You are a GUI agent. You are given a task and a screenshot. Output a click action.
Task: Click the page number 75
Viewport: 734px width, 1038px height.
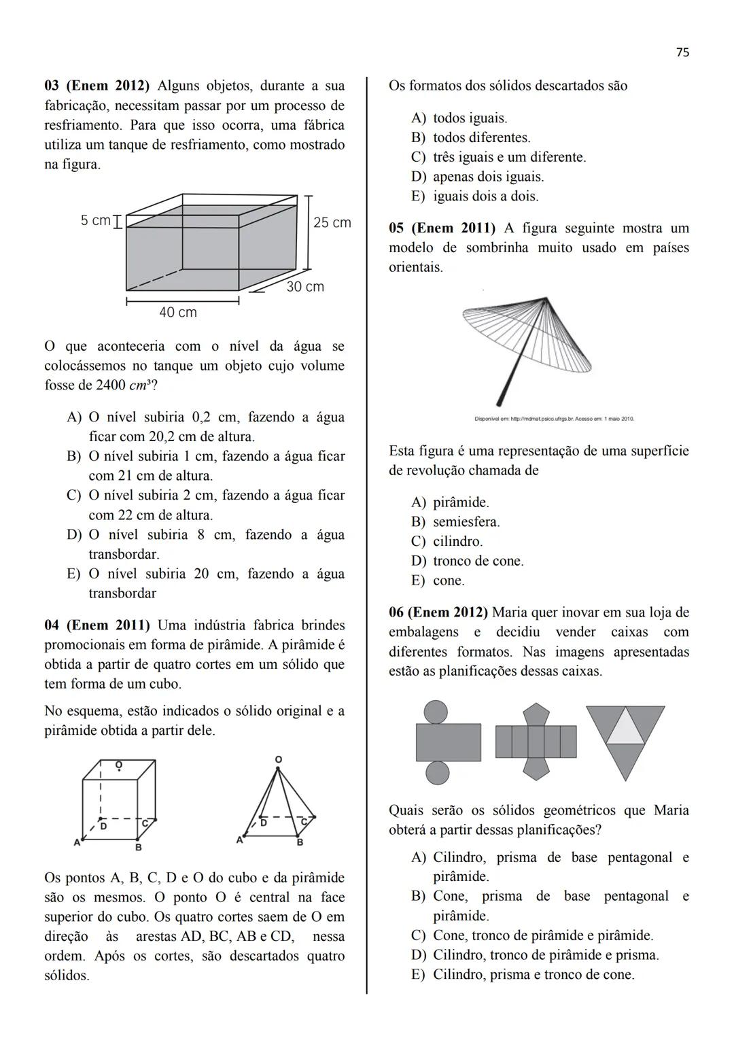(683, 52)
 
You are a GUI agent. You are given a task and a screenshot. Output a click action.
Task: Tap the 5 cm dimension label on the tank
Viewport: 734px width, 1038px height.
(95, 221)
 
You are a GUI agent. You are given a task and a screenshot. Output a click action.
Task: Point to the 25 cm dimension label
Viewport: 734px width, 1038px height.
(332, 223)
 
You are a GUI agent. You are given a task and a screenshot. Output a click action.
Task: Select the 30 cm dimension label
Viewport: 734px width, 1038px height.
(305, 287)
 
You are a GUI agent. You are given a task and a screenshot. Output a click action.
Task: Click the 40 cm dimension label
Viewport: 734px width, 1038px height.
(178, 313)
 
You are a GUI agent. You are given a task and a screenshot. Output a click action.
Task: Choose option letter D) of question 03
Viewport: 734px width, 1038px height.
(73, 535)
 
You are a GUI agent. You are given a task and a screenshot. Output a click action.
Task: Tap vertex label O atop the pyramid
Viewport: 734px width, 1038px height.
(278, 759)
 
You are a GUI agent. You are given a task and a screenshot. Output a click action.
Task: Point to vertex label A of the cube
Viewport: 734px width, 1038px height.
(77, 843)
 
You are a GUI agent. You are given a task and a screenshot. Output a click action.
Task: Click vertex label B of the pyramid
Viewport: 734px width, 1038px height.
(300, 843)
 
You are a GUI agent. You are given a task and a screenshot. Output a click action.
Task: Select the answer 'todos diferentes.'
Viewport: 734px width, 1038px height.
(482, 138)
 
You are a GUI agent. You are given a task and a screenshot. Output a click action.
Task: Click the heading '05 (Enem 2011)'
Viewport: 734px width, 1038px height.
(442, 228)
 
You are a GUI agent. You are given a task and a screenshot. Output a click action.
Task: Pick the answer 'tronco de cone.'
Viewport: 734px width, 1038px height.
(478, 561)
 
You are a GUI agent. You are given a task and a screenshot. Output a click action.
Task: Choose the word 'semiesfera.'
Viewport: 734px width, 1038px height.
(466, 522)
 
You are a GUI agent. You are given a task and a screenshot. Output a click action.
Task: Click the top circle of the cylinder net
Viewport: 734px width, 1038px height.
(437, 712)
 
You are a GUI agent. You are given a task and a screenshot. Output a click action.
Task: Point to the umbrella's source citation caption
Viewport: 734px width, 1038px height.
(554, 419)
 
